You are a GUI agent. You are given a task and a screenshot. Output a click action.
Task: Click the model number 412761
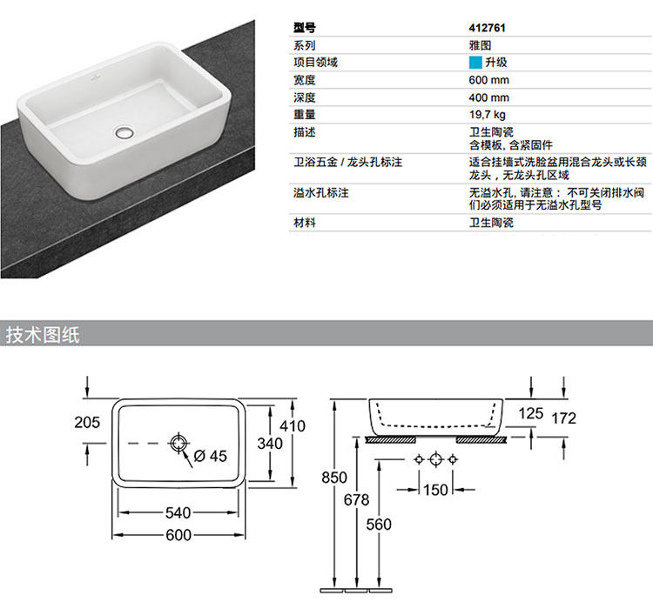(487, 28)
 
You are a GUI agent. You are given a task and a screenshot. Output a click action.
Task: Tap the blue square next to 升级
(475, 63)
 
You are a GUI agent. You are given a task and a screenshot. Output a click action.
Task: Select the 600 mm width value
(488, 80)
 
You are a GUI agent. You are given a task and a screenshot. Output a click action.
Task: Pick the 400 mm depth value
(488, 97)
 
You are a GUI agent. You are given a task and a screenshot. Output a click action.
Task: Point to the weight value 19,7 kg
(488, 115)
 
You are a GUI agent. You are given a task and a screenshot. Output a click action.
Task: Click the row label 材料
(305, 224)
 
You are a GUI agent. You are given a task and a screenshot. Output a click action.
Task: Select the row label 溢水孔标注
(321, 192)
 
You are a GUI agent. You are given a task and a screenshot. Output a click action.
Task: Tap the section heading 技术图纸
(44, 335)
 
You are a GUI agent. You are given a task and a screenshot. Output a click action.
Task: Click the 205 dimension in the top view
(87, 423)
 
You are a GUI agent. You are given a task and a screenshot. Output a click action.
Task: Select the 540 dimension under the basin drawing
(178, 513)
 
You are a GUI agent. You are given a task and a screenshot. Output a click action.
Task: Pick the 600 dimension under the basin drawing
(178, 535)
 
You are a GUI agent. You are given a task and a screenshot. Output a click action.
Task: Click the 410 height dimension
(293, 426)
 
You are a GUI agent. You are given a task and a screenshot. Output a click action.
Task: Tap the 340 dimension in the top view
(270, 444)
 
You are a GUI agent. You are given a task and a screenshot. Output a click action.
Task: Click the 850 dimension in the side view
(333, 478)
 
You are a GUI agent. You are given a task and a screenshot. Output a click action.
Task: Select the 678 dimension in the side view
(356, 500)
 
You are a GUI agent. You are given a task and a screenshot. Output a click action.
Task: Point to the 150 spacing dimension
(435, 490)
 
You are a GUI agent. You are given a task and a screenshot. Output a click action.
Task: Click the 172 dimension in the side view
(564, 418)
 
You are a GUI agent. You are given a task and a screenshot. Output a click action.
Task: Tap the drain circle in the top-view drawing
(178, 444)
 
